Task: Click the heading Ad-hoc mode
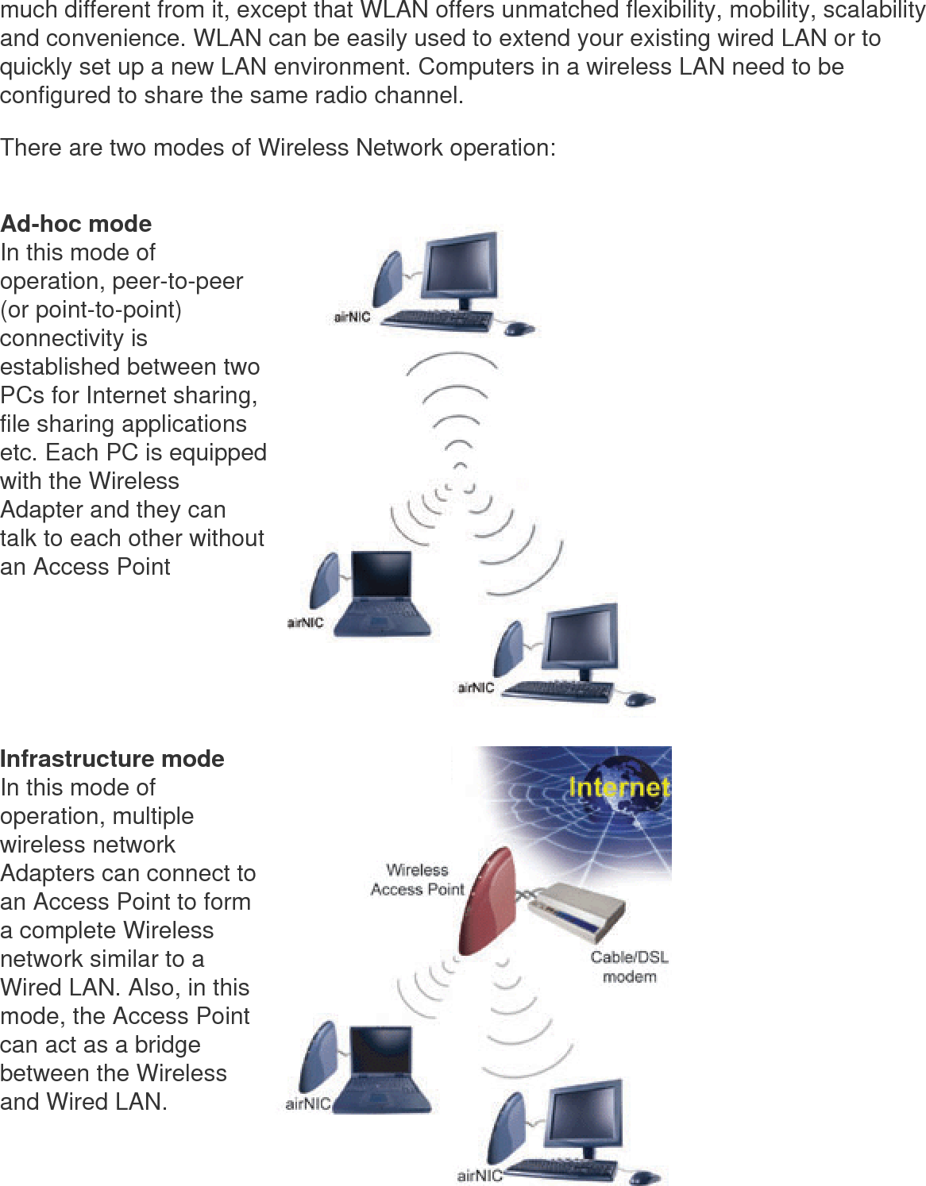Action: click(x=76, y=224)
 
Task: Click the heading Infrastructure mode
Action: click(x=112, y=759)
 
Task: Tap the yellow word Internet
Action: click(x=619, y=787)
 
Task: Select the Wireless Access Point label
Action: click(x=418, y=880)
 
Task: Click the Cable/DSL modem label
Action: click(x=629, y=966)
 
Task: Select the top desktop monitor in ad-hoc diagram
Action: click(x=461, y=271)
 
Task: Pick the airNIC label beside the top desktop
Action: click(x=350, y=318)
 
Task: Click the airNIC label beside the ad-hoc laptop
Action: click(x=305, y=623)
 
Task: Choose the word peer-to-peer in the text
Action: click(x=179, y=282)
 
